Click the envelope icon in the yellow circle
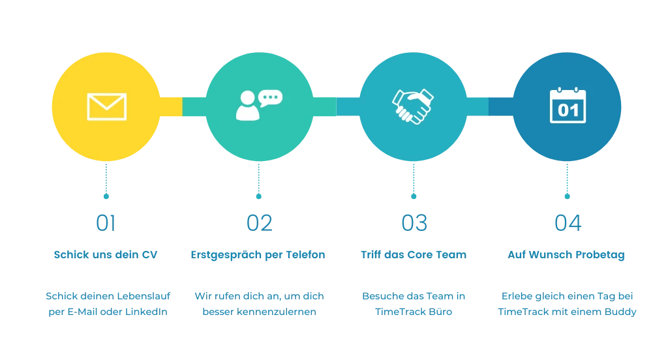point(106,106)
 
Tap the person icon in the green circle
point(247,106)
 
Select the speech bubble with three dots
point(270,98)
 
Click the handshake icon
point(413,106)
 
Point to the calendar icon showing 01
point(568,106)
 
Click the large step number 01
point(105,224)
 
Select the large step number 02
point(259,224)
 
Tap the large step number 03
point(414,224)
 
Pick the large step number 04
point(567,224)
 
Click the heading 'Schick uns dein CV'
point(105,255)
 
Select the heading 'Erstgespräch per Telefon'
point(258,255)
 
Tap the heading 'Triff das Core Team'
point(414,255)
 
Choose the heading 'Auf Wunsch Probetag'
point(566,255)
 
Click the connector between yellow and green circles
point(183,107)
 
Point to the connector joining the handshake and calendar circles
point(489,106)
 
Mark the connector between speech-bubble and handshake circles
point(337,106)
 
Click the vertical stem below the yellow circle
point(106,179)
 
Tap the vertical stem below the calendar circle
point(567,179)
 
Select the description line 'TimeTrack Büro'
point(414,312)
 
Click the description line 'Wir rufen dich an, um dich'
point(258,297)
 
